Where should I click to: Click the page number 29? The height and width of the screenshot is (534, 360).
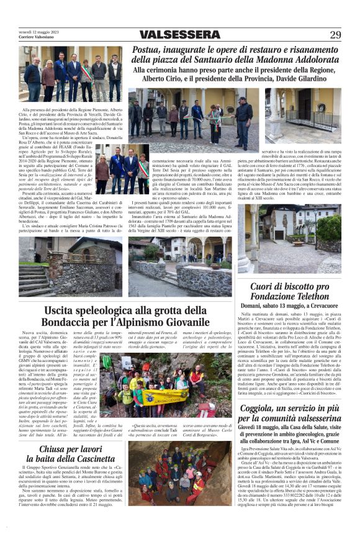(335, 35)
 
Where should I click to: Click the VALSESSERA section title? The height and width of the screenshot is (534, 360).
(179, 35)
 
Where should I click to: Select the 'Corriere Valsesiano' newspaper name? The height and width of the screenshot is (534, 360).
(38, 37)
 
